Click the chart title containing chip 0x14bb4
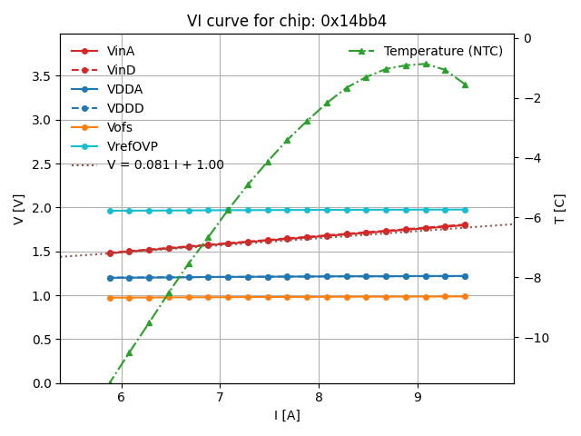tap(287, 21)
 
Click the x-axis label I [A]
tap(287, 415)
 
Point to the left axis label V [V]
tap(19, 209)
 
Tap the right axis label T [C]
tap(559, 209)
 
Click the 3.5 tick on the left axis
tap(42, 75)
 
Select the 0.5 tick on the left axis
tap(42, 340)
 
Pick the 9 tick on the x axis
tap(418, 397)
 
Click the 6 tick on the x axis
tap(121, 397)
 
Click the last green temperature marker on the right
tap(465, 84)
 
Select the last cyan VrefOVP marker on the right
tap(465, 210)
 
